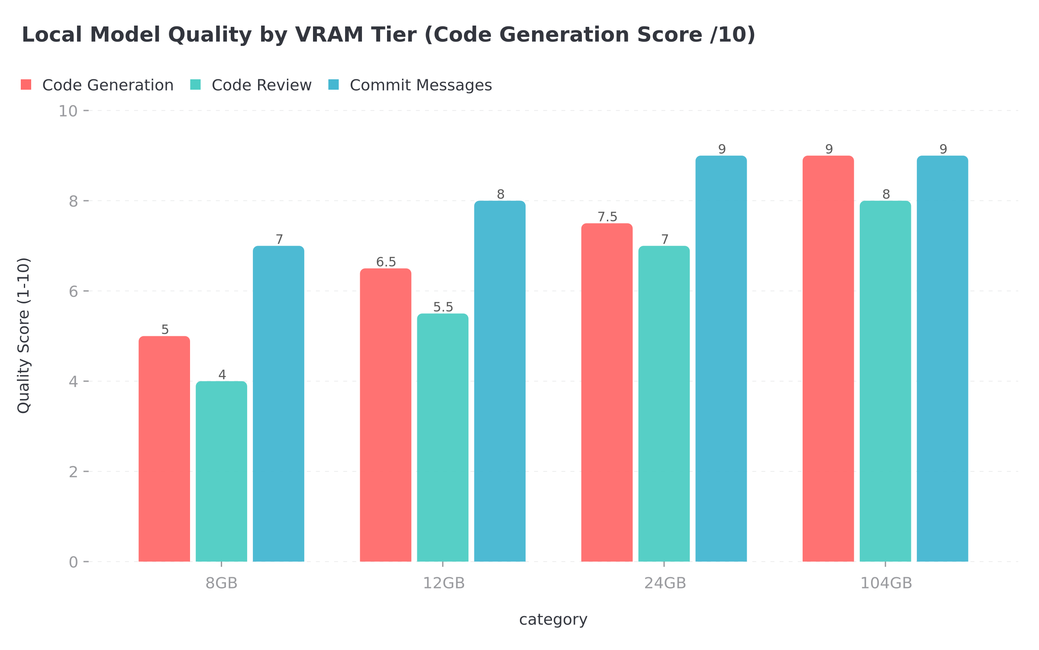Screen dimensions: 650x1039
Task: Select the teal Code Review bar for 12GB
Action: point(442,438)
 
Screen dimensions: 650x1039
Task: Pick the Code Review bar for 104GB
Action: point(885,381)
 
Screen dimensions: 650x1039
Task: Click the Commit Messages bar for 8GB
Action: point(278,403)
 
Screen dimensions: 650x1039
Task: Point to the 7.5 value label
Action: point(607,217)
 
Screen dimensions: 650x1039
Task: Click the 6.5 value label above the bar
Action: point(386,262)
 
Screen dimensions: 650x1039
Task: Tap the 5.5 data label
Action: point(443,307)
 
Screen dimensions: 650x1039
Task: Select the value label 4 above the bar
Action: point(222,375)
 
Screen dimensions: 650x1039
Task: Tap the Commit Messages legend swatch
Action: point(333,84)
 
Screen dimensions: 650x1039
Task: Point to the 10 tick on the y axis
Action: point(68,111)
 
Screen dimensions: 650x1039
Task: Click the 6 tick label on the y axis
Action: point(73,291)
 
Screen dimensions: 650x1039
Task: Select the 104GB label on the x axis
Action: point(886,583)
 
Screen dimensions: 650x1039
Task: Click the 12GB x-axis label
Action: point(443,583)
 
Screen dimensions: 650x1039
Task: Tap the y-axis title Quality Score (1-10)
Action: point(24,336)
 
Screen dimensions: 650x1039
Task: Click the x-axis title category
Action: point(553,620)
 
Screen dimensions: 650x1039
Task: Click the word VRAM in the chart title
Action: point(329,35)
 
